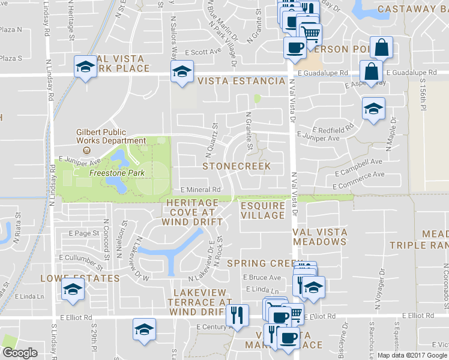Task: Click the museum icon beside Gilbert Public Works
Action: point(87,150)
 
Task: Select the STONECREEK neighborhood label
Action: point(237,166)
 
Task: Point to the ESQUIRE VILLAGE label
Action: point(262,210)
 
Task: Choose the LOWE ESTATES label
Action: point(80,278)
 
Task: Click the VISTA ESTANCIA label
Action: point(241,81)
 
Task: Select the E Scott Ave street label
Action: point(203,52)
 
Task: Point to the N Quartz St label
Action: point(214,134)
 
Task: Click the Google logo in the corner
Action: point(20,353)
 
